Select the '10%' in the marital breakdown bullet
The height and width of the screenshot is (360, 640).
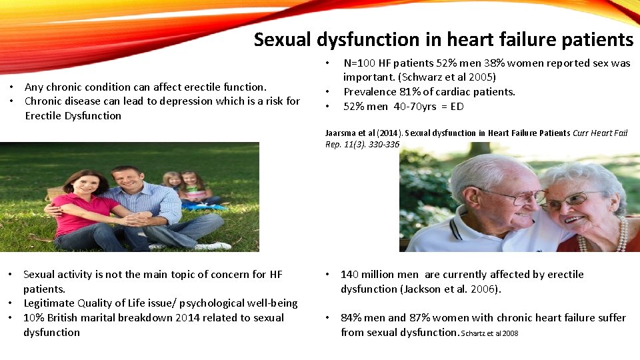(34, 318)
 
